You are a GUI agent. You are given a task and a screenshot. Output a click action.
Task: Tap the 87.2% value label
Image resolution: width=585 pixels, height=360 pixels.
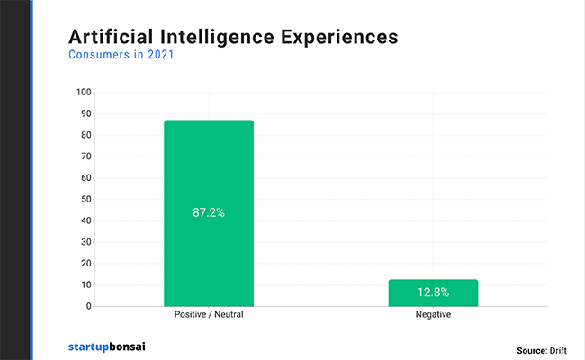point(208,213)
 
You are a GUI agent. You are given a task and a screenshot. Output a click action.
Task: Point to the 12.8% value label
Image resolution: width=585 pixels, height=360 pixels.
point(433,292)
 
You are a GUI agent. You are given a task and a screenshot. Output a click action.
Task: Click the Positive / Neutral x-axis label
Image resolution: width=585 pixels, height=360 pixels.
point(208,317)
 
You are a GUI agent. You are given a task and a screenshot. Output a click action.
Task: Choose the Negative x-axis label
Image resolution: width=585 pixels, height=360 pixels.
point(433,317)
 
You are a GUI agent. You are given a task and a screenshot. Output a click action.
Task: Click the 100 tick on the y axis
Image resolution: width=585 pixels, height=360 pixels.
point(85,92)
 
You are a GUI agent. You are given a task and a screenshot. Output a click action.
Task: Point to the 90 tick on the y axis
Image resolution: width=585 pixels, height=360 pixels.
point(86,113)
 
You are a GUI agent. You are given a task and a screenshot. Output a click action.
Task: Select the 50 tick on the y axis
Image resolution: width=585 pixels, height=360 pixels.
point(86,199)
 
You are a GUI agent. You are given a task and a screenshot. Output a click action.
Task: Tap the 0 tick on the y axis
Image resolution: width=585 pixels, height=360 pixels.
point(89,306)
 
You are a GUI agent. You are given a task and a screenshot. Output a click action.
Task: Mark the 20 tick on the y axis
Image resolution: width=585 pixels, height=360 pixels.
point(86,263)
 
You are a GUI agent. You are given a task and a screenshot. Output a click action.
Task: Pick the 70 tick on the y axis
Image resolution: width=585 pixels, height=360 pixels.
point(86,157)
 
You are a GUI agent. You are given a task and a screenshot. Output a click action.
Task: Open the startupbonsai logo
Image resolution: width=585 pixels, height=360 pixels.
point(112,346)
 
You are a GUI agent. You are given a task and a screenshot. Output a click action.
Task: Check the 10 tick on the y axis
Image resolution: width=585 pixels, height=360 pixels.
point(86,284)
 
